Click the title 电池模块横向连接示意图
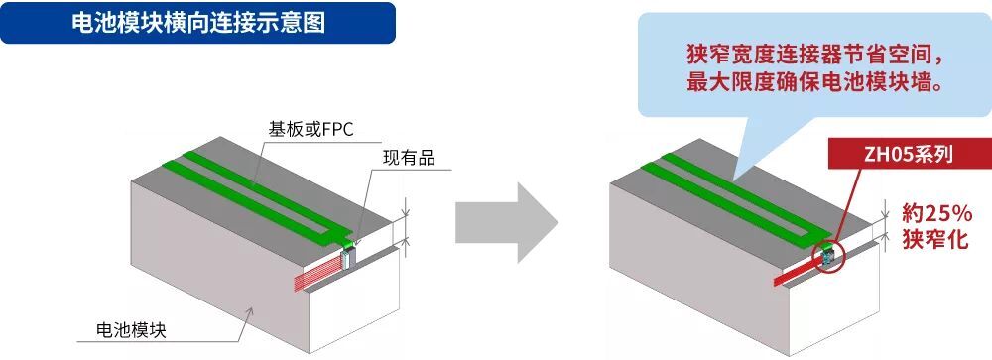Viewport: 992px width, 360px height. click(198, 24)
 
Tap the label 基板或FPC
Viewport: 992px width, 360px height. click(310, 130)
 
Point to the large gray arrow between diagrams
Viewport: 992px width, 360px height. click(507, 223)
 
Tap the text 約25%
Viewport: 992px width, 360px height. click(937, 214)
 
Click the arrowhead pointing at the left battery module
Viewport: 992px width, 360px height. click(251, 311)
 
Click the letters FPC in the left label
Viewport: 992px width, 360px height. click(338, 130)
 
